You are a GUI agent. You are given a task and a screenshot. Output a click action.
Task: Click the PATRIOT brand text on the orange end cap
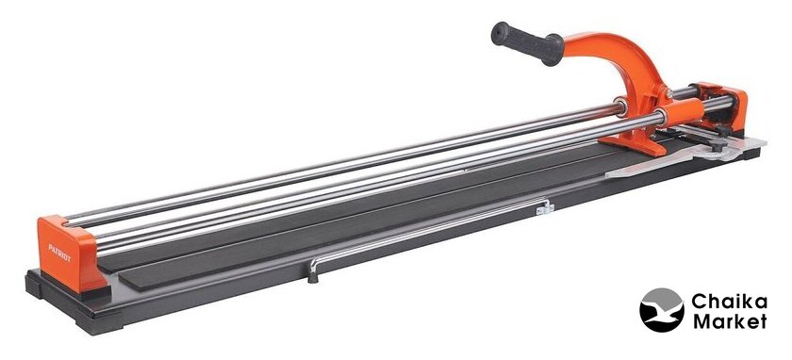coord(59,253)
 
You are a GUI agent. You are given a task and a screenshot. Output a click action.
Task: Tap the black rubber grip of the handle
coord(527,42)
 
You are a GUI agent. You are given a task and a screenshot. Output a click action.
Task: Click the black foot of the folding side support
coord(313,276)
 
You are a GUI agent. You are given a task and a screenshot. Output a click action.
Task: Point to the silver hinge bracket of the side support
coord(546,207)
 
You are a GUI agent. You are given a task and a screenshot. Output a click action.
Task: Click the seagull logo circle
coord(661,309)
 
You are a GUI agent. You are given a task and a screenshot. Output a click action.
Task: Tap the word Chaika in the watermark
coord(729,302)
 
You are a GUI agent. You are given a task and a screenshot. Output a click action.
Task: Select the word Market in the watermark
coord(730,321)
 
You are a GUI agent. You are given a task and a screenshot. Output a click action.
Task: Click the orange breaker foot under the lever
coord(640,144)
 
